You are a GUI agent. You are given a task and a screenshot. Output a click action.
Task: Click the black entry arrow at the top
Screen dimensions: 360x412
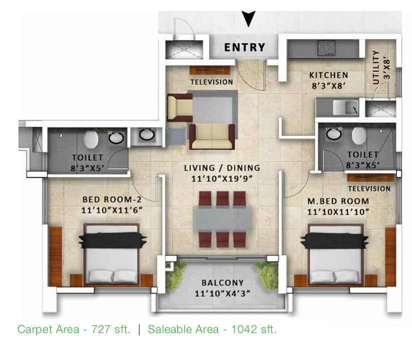click(248, 19)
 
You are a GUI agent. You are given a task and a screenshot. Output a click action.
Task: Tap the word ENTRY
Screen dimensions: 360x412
click(244, 47)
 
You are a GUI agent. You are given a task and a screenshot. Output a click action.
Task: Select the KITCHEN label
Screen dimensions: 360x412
click(328, 75)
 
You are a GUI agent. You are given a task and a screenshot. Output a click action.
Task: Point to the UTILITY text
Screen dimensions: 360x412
click(375, 67)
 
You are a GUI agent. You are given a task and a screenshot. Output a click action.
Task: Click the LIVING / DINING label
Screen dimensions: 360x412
click(221, 168)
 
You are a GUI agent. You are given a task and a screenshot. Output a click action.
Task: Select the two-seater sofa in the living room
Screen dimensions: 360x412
click(212, 136)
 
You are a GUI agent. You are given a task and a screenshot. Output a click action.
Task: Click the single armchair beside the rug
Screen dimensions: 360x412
click(178, 107)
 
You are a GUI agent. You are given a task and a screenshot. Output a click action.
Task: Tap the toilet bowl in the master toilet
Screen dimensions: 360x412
click(358, 135)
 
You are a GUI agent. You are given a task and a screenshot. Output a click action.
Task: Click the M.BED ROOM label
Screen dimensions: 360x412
click(339, 201)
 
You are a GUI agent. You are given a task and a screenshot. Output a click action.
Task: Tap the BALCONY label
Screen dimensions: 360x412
click(222, 282)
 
